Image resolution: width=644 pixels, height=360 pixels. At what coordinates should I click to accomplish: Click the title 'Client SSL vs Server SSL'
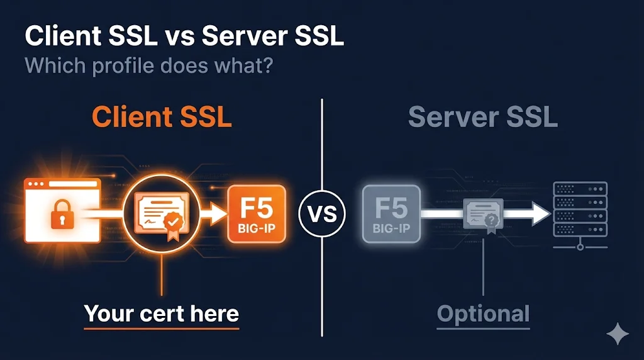[x=184, y=37]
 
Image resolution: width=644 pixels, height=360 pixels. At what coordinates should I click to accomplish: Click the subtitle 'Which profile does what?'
[x=148, y=65]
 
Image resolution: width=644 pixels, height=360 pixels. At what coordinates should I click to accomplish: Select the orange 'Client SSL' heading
[x=162, y=117]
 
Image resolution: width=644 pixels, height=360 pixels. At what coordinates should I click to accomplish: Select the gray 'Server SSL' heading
[x=482, y=117]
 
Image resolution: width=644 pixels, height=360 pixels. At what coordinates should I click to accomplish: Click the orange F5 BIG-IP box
[x=256, y=214]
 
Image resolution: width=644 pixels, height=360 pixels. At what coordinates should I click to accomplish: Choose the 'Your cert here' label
[x=162, y=313]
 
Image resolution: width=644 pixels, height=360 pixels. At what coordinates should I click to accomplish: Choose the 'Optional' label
[x=483, y=313]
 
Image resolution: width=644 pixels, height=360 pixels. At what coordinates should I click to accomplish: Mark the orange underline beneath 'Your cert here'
[x=162, y=328]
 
